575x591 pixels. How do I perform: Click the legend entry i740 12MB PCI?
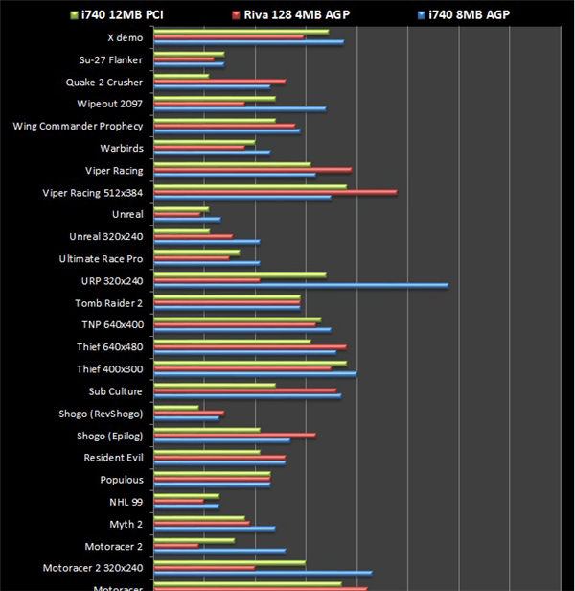(115, 14)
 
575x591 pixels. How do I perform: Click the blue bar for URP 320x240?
(301, 285)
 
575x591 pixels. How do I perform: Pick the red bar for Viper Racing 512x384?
(275, 192)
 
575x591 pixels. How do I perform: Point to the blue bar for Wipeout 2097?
(240, 108)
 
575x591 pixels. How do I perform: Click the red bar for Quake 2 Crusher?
(219, 82)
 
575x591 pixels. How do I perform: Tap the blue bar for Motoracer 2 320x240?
(263, 573)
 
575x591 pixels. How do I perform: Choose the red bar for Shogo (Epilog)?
(235, 436)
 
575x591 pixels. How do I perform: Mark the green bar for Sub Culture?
(215, 386)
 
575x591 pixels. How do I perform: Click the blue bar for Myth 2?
(215, 529)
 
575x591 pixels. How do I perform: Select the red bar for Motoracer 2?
(176, 545)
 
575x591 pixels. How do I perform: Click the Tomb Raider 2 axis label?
(109, 303)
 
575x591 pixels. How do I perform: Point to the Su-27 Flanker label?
(111, 59)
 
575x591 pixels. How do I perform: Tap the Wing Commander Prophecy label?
(78, 126)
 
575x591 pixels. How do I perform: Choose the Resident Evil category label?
(113, 458)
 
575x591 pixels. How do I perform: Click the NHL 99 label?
(126, 502)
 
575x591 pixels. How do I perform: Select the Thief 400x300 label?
(109, 369)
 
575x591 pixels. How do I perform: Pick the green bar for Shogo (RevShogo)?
(176, 408)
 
